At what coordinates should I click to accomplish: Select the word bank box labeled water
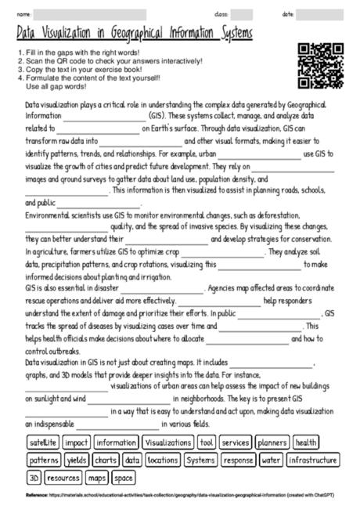272,460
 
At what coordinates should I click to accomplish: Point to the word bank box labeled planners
272,442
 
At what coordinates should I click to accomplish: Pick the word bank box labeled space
123,476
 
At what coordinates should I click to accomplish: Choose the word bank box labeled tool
207,442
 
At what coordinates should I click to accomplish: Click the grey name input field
90,14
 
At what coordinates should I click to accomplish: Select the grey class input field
242,14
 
